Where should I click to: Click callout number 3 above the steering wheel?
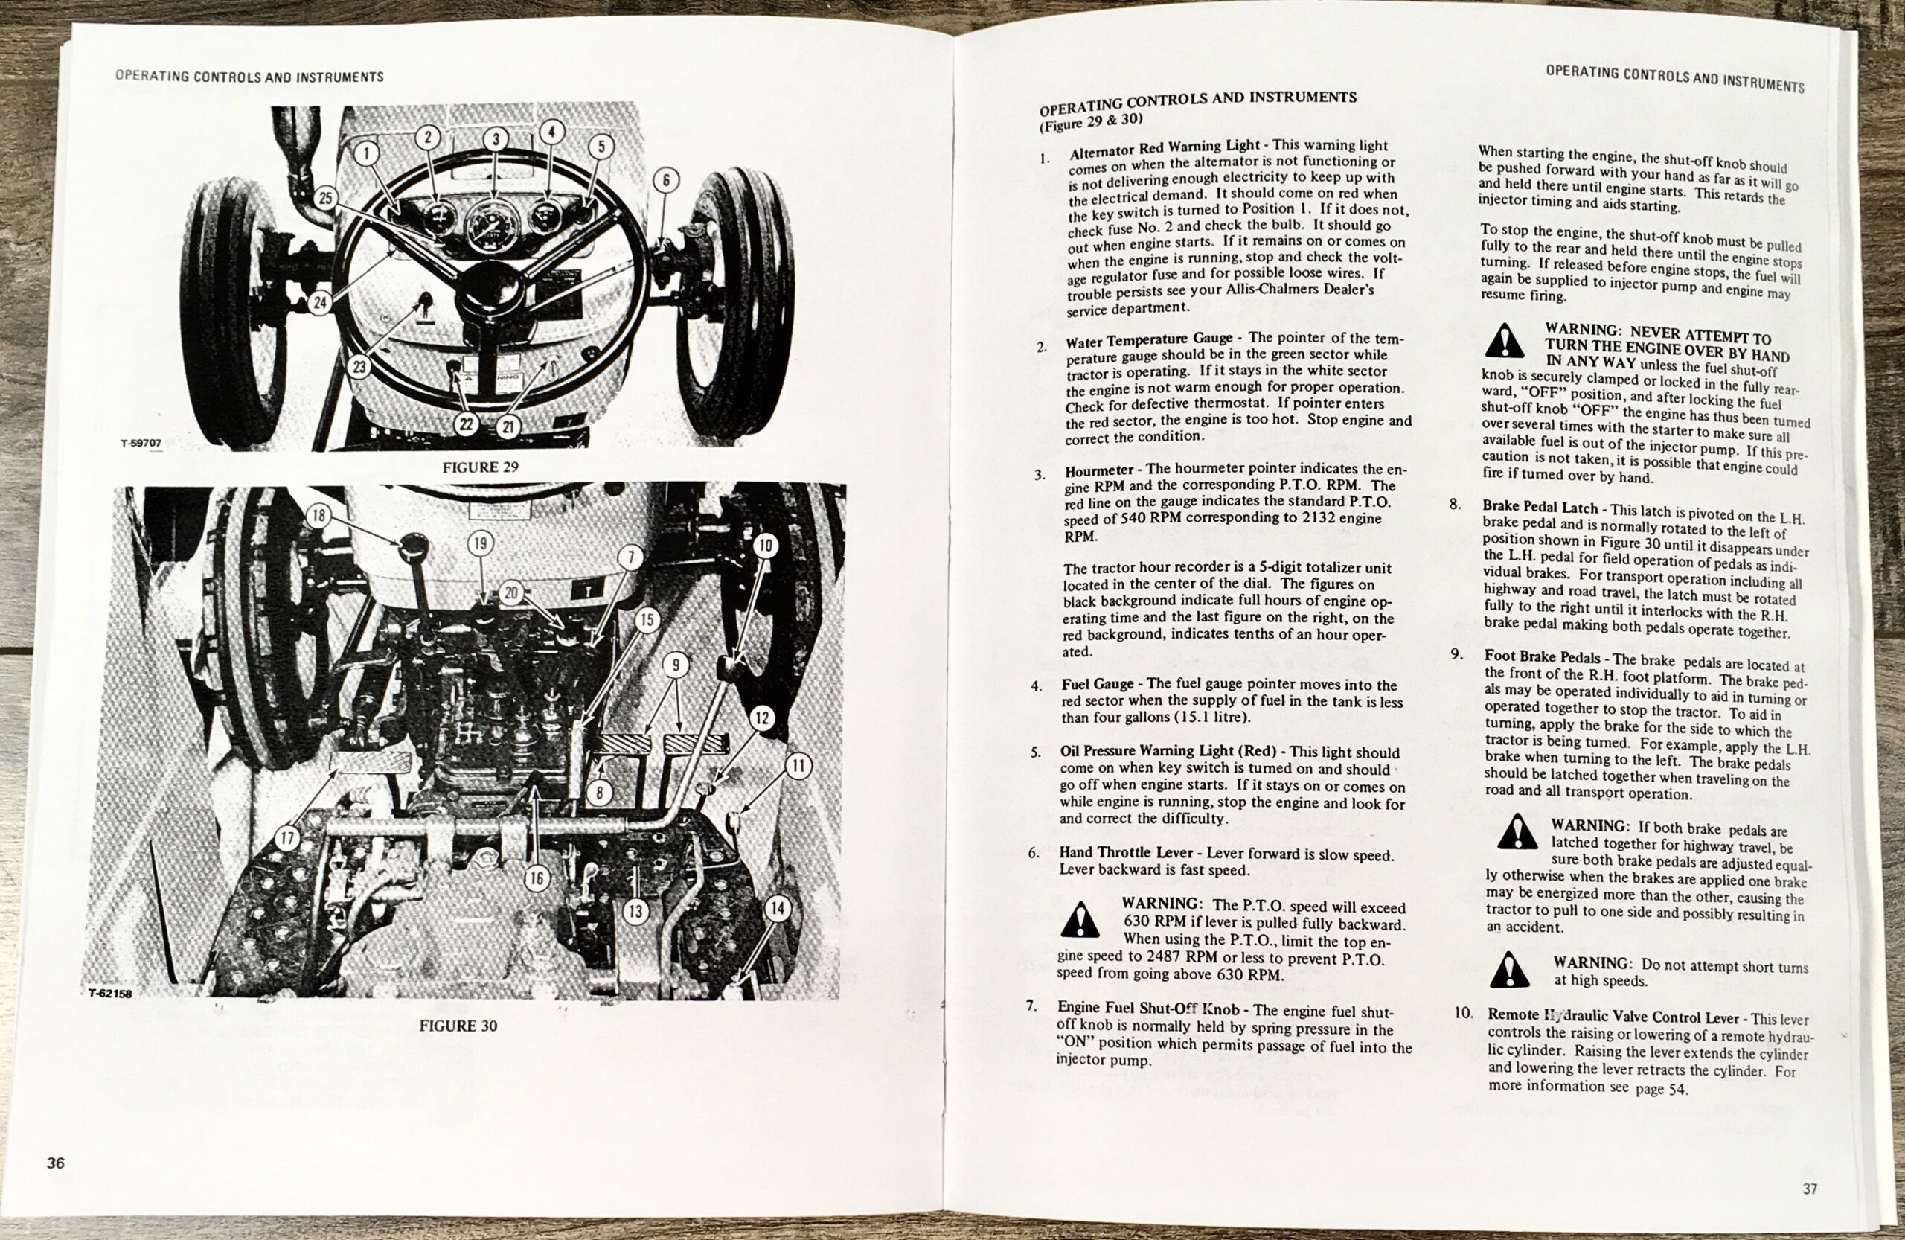496,139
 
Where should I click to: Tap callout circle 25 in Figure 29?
324,198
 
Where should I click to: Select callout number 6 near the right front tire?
666,181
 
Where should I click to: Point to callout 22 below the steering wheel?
466,424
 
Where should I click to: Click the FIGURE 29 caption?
480,467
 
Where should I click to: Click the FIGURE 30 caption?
458,1026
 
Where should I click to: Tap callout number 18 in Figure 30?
318,516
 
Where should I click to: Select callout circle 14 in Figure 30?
776,908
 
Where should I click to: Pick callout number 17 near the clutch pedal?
287,838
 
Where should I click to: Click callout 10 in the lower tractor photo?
765,546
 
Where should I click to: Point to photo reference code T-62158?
110,994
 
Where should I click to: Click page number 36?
55,1163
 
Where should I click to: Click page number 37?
1810,1189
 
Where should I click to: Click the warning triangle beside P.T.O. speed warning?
1079,920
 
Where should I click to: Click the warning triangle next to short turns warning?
1510,971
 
